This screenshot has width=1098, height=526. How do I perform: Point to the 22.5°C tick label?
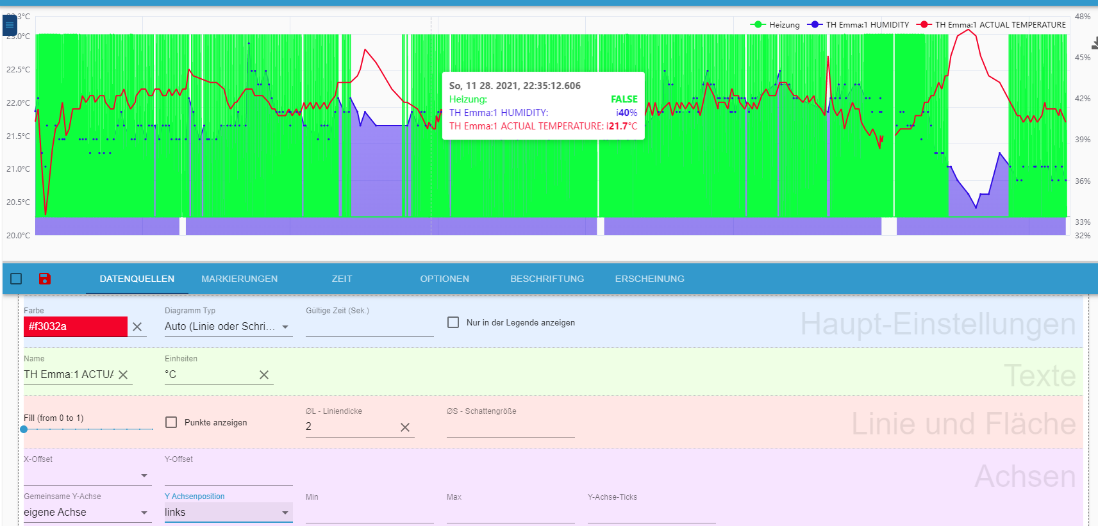click(x=18, y=70)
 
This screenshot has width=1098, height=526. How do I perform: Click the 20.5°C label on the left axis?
click(x=18, y=202)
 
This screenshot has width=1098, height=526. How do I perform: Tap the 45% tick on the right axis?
click(x=1082, y=58)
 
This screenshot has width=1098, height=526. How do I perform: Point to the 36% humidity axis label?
click(x=1082, y=181)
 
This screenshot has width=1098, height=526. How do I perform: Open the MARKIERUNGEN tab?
click(x=239, y=279)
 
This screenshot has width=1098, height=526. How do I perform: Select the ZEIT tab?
click(x=342, y=279)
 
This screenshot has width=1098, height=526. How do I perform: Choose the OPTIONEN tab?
click(x=444, y=279)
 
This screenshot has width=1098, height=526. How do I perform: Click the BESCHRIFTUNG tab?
click(x=547, y=279)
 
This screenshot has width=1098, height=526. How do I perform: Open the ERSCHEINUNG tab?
click(x=649, y=279)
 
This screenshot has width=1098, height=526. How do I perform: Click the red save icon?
click(x=45, y=279)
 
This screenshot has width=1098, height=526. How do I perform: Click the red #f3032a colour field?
click(x=75, y=327)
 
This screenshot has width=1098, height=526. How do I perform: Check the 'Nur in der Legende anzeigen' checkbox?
click(x=453, y=322)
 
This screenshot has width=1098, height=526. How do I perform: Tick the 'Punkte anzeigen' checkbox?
click(x=171, y=422)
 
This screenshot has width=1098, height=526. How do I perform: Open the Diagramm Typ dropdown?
click(x=228, y=327)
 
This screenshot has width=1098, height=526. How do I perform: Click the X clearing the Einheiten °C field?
click(x=264, y=375)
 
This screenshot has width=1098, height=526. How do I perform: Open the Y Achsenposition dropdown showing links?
click(x=228, y=513)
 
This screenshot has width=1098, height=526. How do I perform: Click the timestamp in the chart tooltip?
click(x=515, y=86)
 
